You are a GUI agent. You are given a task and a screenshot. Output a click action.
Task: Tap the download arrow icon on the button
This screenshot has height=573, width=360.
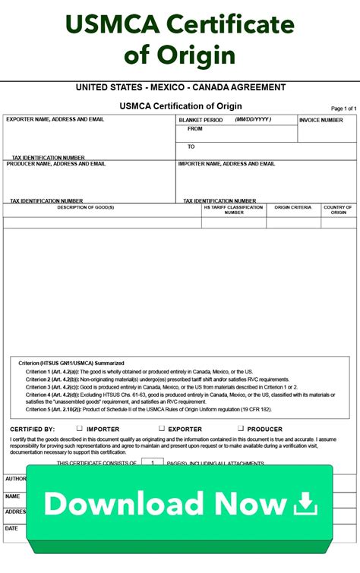pos(305,503)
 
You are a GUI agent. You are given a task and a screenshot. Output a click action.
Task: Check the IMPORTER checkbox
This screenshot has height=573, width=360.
pos(79,429)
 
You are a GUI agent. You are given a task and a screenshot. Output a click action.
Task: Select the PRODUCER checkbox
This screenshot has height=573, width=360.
pos(241,429)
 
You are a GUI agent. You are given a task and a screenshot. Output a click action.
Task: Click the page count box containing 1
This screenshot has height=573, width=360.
pos(152,462)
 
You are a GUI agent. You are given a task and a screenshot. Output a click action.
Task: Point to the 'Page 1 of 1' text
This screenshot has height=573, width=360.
pos(343,109)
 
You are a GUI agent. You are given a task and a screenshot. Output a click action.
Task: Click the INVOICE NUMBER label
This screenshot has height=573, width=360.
pos(321,120)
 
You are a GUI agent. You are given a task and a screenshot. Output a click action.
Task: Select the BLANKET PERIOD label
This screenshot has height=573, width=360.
pos(201,120)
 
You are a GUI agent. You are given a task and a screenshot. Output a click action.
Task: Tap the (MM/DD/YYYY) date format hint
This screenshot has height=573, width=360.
pos(252,119)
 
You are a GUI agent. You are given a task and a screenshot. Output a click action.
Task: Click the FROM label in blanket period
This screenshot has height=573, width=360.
pos(195,129)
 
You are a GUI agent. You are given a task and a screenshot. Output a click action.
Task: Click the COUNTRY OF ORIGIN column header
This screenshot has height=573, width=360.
pos(338,209)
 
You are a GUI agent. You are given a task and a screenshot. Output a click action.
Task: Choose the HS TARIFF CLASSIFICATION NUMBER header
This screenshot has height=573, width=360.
pos(234,209)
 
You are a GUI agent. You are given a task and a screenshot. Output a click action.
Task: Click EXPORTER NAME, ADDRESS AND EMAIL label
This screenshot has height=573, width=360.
pos(55,119)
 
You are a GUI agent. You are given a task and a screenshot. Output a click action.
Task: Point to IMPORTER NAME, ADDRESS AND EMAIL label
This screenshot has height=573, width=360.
pos(226,164)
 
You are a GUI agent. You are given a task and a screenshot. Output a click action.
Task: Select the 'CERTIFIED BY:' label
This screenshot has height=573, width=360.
pos(32,429)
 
